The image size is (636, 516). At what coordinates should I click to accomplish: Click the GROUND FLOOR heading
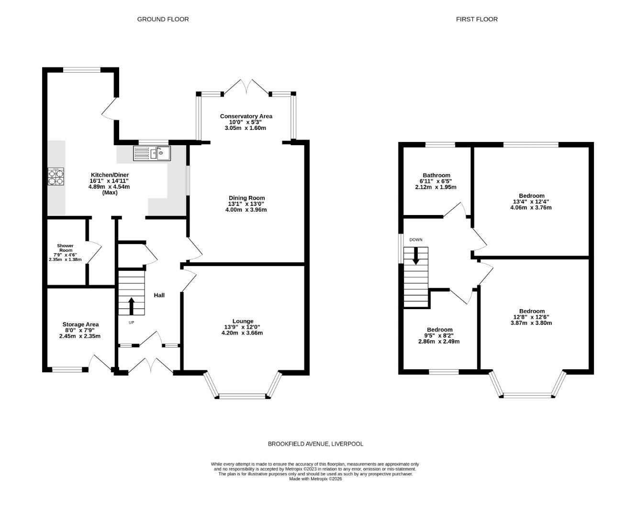pyautogui.click(x=163, y=19)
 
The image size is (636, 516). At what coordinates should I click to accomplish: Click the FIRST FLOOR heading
pyautogui.click(x=477, y=19)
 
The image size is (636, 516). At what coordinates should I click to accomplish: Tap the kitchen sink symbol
pyautogui.click(x=152, y=153)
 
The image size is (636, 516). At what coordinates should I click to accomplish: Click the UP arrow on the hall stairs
pyautogui.click(x=131, y=305)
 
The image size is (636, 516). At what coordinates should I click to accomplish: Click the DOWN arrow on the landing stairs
pyautogui.click(x=415, y=255)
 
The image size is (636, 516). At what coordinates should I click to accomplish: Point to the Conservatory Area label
pyautogui.click(x=246, y=116)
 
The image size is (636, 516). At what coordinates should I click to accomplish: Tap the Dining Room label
pyautogui.click(x=246, y=198)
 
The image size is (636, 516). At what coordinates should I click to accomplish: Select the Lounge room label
pyautogui.click(x=243, y=321)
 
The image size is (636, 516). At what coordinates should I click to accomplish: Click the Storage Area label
pyautogui.click(x=80, y=324)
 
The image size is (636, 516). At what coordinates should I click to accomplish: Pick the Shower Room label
pyautogui.click(x=66, y=248)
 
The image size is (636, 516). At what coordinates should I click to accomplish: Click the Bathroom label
pyautogui.click(x=436, y=175)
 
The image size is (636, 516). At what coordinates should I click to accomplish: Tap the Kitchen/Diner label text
pyautogui.click(x=110, y=175)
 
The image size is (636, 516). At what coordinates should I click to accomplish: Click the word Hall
pyautogui.click(x=159, y=295)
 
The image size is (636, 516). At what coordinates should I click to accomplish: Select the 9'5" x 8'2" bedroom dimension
pyautogui.click(x=439, y=336)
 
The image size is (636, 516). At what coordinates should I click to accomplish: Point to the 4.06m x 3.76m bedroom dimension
pyautogui.click(x=531, y=208)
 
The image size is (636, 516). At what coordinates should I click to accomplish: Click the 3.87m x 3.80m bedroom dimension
pyautogui.click(x=531, y=323)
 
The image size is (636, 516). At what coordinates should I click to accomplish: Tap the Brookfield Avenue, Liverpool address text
pyautogui.click(x=315, y=444)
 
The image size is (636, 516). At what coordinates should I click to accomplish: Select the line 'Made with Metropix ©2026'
pyautogui.click(x=315, y=479)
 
